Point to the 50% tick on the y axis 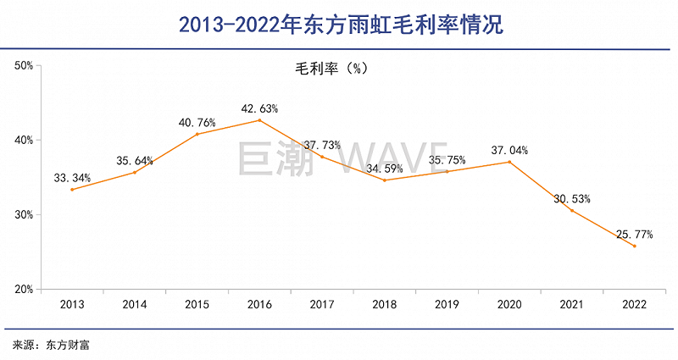click(x=23, y=65)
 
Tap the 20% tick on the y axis click(x=23, y=290)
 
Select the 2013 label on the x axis click(x=71, y=303)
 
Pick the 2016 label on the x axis click(x=259, y=303)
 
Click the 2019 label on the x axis click(x=447, y=303)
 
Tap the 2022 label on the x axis click(x=635, y=303)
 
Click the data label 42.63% click(x=259, y=108)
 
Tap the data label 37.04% click(x=509, y=151)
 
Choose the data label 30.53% click(x=572, y=199)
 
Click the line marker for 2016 click(x=259, y=120)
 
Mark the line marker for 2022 click(x=635, y=246)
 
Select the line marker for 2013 click(x=71, y=190)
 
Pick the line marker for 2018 click(x=384, y=180)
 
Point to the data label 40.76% click(x=197, y=123)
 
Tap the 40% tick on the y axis click(x=23, y=140)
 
